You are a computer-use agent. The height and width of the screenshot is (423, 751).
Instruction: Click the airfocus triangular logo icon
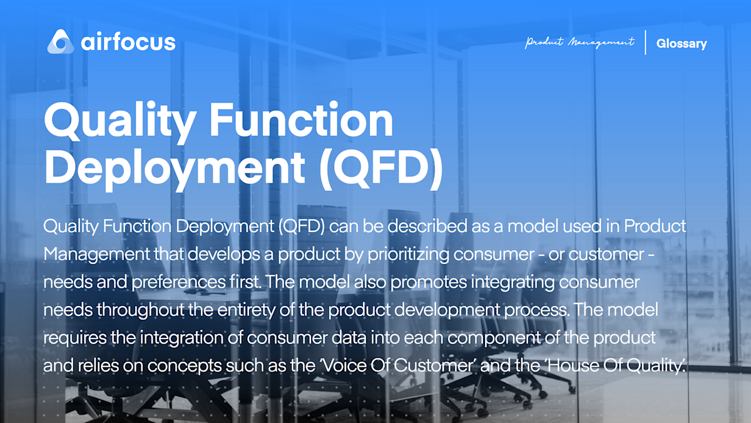[61, 41]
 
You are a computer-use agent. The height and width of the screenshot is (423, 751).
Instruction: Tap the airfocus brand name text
[128, 42]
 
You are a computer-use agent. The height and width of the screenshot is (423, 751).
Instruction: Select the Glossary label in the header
[682, 44]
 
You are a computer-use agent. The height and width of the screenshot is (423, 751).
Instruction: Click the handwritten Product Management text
[580, 43]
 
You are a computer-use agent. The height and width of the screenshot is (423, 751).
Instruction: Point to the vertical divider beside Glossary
[645, 43]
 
